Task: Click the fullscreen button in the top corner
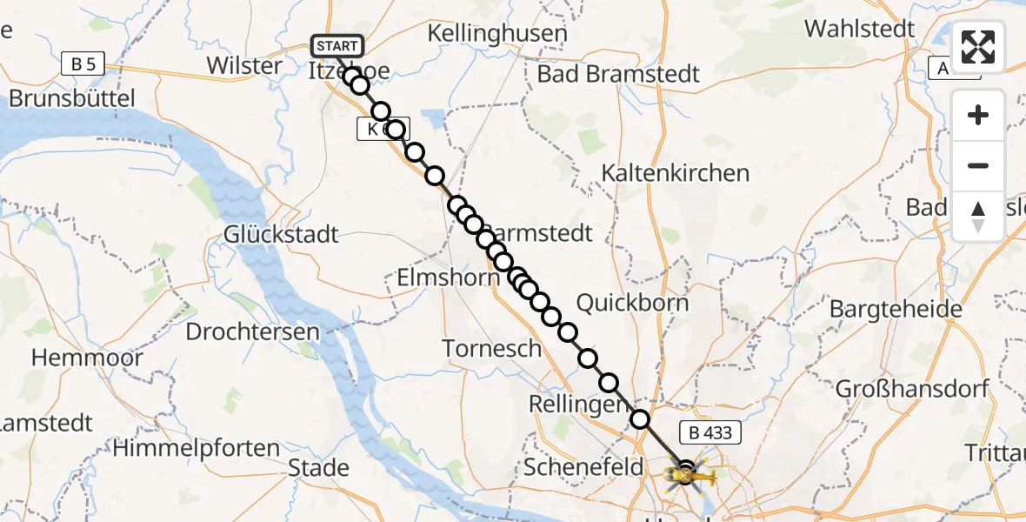click(978, 47)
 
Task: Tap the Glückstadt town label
click(281, 235)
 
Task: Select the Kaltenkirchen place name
click(676, 173)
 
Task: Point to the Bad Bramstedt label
click(618, 74)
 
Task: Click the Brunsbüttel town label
click(72, 98)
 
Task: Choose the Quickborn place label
click(632, 303)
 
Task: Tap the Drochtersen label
click(253, 331)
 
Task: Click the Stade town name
click(318, 468)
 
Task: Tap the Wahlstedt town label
click(859, 29)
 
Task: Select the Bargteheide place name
click(896, 309)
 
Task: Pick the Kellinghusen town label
click(497, 34)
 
